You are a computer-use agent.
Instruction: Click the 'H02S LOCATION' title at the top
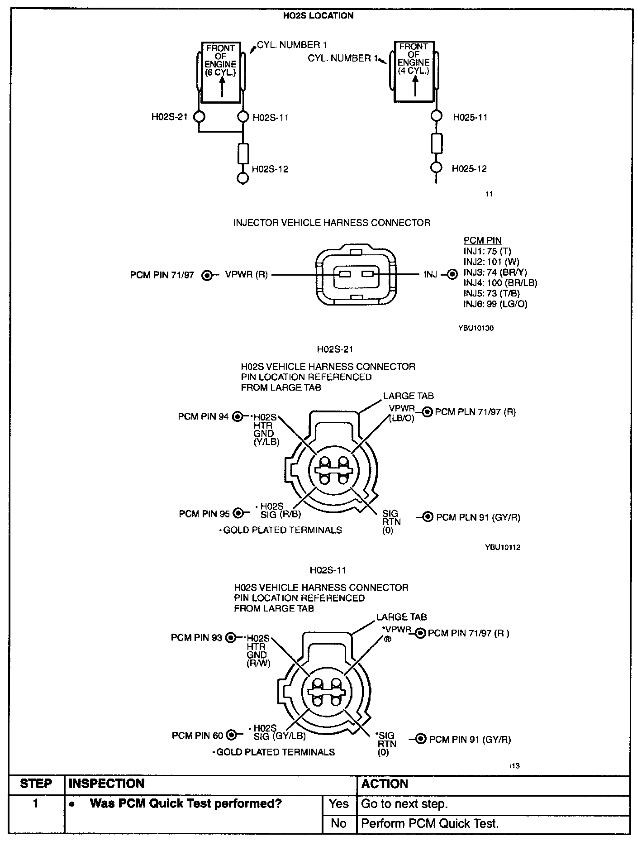pos(318,16)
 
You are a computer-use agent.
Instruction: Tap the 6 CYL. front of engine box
pos(221,72)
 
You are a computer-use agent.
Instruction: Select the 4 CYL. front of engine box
pos(414,71)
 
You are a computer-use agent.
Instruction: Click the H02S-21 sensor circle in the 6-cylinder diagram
pos(199,117)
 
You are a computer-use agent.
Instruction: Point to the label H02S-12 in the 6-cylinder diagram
pos(270,169)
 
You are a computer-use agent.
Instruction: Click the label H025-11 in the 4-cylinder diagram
pos(470,117)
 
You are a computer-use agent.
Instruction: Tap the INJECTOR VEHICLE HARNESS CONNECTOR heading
pos(332,223)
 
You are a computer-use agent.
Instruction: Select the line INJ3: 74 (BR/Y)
pos(495,272)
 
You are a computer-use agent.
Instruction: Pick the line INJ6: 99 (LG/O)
pos(495,304)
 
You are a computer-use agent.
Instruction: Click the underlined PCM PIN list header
pos(482,241)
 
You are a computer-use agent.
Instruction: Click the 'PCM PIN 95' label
pos(204,514)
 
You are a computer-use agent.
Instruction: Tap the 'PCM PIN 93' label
pos(196,638)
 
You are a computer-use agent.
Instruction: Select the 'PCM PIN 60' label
pos(197,736)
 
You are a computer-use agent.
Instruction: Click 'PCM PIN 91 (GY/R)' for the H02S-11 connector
pos(470,740)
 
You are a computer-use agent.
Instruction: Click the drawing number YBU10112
pos(502,547)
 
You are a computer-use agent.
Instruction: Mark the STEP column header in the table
pos(36,784)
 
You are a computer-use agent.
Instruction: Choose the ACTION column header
pos(385,784)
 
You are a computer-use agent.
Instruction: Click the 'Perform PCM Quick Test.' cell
pos(430,823)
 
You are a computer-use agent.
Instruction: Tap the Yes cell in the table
pos(339,804)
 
